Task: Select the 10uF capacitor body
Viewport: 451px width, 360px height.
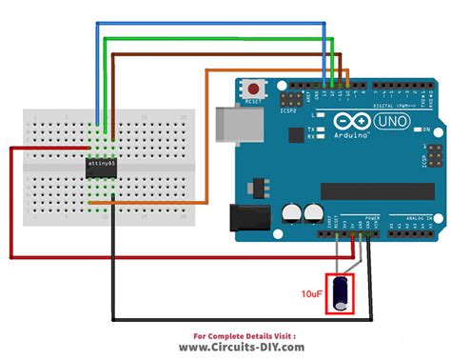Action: (x=341, y=294)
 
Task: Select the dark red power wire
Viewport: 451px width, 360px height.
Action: (x=11, y=210)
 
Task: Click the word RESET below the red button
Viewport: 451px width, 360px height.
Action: (x=253, y=100)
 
